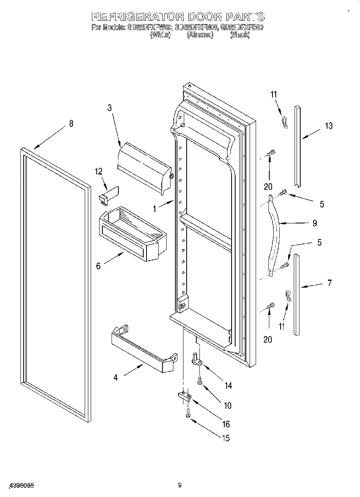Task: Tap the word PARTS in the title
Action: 245,17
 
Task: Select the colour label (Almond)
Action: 199,35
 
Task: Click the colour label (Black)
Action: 240,35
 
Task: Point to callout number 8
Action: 71,124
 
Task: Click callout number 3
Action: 109,108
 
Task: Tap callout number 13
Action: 329,126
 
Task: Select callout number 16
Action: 226,424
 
